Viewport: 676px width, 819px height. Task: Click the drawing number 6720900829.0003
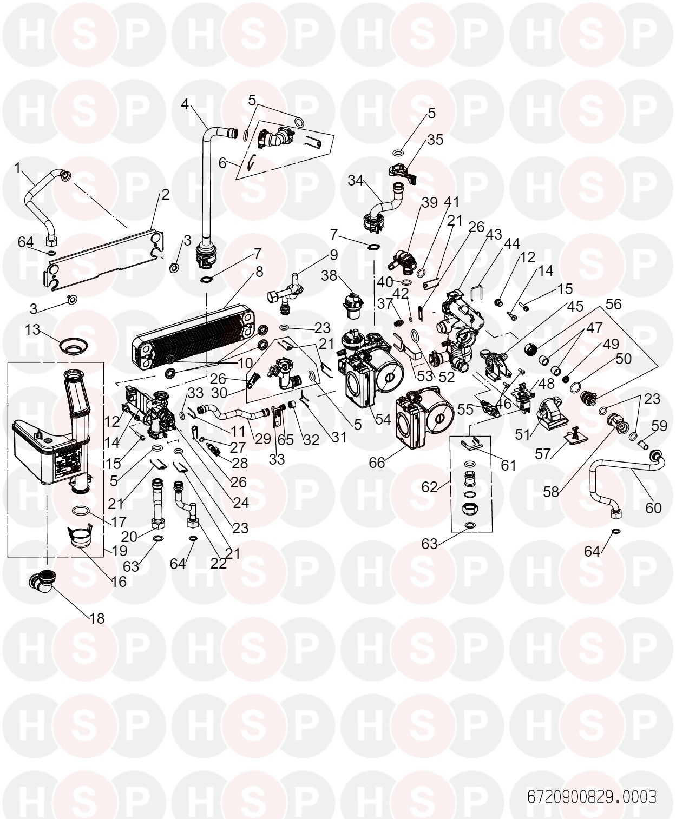[x=592, y=797]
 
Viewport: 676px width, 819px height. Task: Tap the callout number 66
[x=377, y=463]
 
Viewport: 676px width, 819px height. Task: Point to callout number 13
[x=32, y=330]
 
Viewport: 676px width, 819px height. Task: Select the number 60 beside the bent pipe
[x=653, y=508]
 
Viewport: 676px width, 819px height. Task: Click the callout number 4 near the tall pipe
[x=185, y=104]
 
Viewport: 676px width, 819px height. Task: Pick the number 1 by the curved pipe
[x=17, y=168]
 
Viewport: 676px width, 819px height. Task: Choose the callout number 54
[x=383, y=419]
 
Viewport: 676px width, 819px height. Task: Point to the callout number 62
[x=429, y=487]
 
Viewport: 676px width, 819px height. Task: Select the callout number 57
[x=543, y=454]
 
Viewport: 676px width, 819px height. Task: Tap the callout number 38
[x=329, y=275]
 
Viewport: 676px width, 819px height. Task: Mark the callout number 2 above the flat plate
[x=165, y=194]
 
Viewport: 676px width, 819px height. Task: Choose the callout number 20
[x=129, y=536]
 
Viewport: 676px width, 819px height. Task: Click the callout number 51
[x=522, y=434]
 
